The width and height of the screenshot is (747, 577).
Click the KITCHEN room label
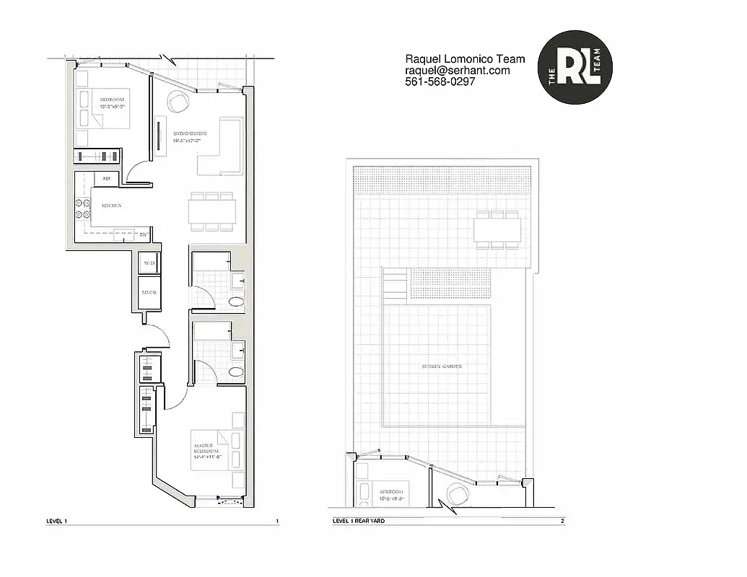pyautogui.click(x=111, y=206)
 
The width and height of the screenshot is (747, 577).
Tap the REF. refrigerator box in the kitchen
pyautogui.click(x=106, y=178)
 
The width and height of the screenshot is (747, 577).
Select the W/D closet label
pyautogui.click(x=149, y=263)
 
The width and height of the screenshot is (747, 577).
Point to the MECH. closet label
pyautogui.click(x=149, y=293)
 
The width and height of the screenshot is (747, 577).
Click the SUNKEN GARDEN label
pyautogui.click(x=442, y=366)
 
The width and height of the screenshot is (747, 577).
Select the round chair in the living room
pyautogui.click(x=178, y=102)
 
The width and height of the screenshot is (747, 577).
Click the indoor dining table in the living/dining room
pyautogui.click(x=212, y=211)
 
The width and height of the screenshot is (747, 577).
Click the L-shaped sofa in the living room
pyautogui.click(x=222, y=148)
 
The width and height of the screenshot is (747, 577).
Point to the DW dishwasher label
pyautogui.click(x=143, y=234)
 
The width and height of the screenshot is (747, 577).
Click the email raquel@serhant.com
pyautogui.click(x=457, y=71)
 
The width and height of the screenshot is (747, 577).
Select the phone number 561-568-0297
pyautogui.click(x=440, y=82)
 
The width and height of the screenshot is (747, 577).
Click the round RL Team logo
pyautogui.click(x=575, y=68)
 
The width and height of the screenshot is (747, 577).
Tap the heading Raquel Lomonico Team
pyautogui.click(x=465, y=59)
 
